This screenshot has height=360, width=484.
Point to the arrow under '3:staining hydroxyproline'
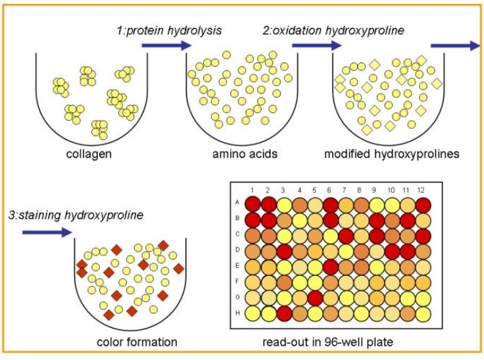click(47, 232)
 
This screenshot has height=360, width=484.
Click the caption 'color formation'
click(137, 342)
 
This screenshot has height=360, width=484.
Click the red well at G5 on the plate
click(315, 297)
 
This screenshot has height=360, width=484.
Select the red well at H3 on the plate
click(283, 313)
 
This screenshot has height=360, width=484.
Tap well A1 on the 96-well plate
click(253, 203)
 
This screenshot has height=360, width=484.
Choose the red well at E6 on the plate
click(330, 266)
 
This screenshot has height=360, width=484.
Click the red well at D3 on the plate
click(283, 250)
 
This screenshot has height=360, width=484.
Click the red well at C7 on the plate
click(346, 235)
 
